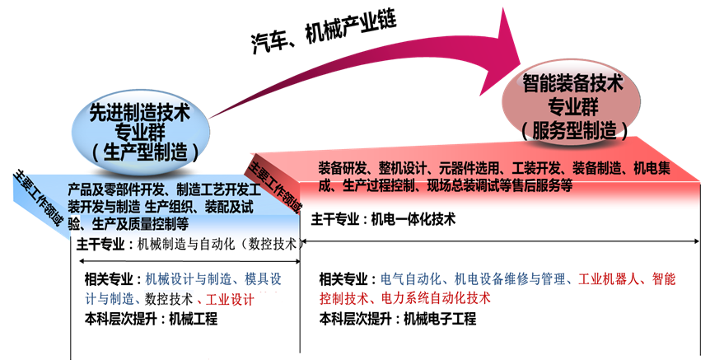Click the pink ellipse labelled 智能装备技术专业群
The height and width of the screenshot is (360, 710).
click(572, 103)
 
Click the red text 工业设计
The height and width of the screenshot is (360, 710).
click(231, 298)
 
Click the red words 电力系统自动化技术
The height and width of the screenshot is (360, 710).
click(436, 298)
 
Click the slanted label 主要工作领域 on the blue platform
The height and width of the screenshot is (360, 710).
click(37, 198)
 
